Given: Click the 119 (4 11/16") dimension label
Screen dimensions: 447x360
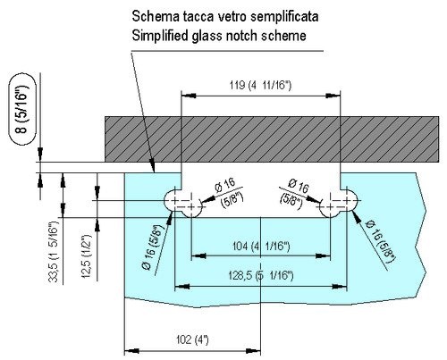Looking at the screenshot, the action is [260, 86].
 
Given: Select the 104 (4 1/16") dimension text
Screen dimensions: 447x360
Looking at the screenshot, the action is [261, 247].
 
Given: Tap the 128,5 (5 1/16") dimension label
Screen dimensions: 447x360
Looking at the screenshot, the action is [261, 275].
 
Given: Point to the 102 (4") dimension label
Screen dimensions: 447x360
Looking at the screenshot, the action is [192, 339].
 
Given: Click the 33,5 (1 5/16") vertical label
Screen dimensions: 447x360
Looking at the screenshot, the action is [54, 253].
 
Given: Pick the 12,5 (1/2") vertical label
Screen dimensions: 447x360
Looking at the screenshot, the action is [87, 256].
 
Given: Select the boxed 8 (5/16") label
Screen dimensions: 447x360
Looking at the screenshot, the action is [22, 109].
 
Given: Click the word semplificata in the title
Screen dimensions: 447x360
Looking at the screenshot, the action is [284, 16].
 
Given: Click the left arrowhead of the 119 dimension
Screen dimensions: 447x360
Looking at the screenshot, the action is [189, 96].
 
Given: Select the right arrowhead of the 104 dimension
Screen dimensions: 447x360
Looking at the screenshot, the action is [323, 255].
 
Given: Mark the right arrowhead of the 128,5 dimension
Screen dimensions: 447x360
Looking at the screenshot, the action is [340, 287].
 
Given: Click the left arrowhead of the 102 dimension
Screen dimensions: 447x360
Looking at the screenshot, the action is [131, 351].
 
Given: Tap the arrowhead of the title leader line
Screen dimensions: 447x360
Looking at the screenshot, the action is [152, 166].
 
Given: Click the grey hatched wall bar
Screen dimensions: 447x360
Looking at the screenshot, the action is [272, 139].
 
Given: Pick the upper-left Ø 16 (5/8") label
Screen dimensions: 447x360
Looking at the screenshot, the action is [229, 192].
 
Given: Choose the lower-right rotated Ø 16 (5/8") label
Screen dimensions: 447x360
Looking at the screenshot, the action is [380, 242].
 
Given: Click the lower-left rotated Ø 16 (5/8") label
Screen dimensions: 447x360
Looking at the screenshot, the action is [154, 246].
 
